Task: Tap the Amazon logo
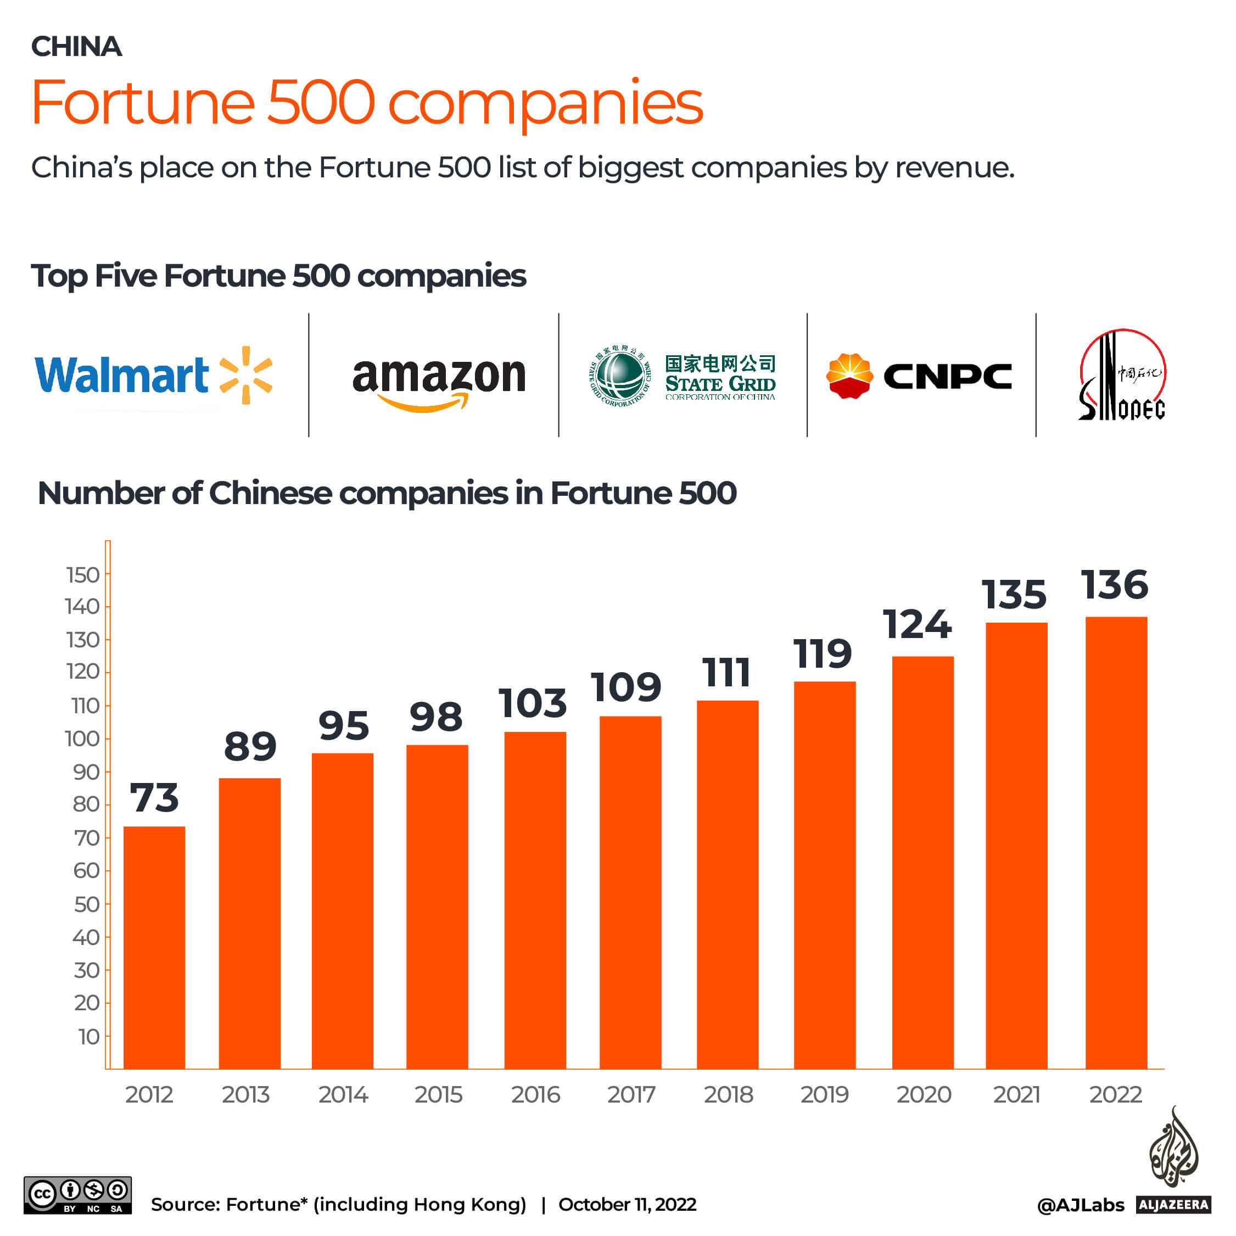(439, 381)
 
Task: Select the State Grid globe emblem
(619, 376)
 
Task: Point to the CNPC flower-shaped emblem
(849, 376)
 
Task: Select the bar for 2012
(154, 947)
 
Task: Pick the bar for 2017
(630, 892)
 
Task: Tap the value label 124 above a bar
(917, 624)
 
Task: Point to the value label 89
(250, 746)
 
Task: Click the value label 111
(726, 673)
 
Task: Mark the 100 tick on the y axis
(83, 739)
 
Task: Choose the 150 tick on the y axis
(83, 575)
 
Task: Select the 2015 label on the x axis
(438, 1095)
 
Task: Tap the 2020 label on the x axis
(923, 1095)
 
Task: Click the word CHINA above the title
(76, 47)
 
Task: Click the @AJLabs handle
(1080, 1205)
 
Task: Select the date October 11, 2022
(627, 1205)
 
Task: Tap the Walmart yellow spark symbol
(245, 376)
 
